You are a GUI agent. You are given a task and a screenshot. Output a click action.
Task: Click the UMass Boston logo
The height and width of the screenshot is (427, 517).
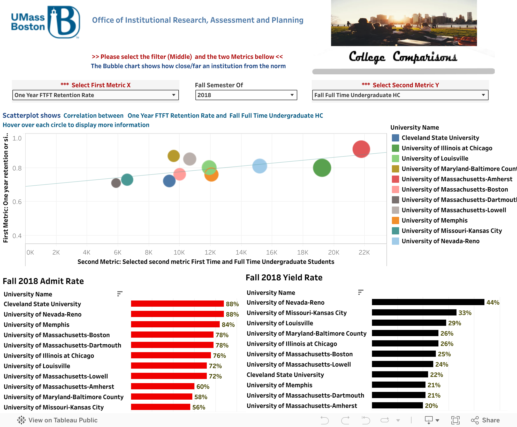point(45,22)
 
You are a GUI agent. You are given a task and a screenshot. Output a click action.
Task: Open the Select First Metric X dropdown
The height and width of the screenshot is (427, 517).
point(95,95)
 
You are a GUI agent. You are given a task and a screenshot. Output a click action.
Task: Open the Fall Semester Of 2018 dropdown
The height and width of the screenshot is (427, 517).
point(246,95)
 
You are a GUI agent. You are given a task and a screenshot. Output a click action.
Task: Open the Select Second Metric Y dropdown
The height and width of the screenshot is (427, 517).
point(400,95)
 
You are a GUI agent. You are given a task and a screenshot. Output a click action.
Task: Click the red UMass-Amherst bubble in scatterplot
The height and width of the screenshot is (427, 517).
point(361,149)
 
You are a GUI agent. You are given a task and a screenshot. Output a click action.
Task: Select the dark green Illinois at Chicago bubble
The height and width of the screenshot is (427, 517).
point(322,168)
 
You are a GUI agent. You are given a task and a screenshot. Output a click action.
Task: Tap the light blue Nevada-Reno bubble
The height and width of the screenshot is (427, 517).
point(260,166)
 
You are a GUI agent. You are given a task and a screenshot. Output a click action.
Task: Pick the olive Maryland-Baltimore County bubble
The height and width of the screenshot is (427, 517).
point(173,156)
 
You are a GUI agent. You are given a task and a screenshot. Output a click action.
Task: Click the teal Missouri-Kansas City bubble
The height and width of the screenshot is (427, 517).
point(127,179)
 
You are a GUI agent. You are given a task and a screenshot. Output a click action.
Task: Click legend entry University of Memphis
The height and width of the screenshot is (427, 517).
point(434,220)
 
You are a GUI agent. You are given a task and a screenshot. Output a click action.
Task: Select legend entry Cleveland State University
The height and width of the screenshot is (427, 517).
point(440,138)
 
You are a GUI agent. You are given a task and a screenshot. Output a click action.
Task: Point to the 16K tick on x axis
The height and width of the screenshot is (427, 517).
point(272,252)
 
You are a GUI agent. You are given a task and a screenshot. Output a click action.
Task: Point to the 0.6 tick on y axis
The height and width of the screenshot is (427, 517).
point(17,202)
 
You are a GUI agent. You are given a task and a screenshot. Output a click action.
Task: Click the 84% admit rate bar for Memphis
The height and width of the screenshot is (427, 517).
point(175,324)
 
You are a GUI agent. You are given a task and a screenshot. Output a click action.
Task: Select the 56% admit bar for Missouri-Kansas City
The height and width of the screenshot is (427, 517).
point(161,407)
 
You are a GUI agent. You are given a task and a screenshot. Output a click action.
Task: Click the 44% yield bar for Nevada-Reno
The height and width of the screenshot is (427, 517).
point(428,302)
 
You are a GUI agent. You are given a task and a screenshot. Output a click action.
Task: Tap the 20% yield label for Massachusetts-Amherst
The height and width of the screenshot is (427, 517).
point(431,406)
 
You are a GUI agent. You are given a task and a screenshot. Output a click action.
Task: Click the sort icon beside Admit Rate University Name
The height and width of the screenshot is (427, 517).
point(119,294)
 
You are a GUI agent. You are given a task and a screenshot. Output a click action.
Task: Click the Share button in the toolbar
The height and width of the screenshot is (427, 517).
point(485,420)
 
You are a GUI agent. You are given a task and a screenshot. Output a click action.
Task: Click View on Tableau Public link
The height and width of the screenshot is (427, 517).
point(57,420)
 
